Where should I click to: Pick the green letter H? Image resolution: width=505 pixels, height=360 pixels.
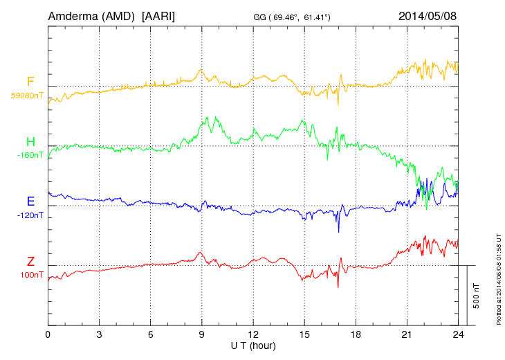tap(30, 142)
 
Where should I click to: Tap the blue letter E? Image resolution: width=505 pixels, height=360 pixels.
tap(30, 201)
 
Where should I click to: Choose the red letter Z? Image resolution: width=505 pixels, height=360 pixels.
tap(30, 261)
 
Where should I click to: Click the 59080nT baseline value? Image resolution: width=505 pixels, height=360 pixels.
tap(27, 96)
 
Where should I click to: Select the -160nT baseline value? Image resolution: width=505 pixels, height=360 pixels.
tap(30, 155)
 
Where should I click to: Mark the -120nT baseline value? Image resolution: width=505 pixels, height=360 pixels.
tap(30, 215)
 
